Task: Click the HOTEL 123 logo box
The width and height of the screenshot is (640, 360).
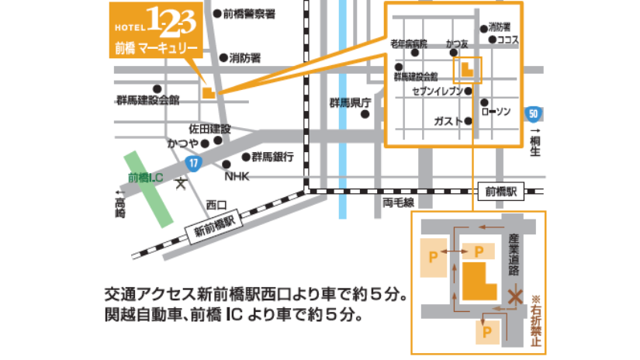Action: pyautogui.click(x=155, y=29)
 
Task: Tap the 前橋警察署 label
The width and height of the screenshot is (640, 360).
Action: pyautogui.click(x=248, y=14)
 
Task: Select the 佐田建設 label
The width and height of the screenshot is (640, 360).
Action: pyautogui.click(x=210, y=128)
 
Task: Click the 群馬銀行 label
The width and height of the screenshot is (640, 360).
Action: pyautogui.click(x=272, y=157)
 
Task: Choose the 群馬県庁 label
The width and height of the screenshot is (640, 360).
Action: pyautogui.click(x=351, y=102)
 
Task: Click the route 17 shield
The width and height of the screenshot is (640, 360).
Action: pyautogui.click(x=192, y=164)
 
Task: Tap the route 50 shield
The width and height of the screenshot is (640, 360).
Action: pyautogui.click(x=532, y=113)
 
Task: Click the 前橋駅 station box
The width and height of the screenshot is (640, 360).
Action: pyautogui.click(x=501, y=191)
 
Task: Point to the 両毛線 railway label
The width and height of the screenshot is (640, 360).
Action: pyautogui.click(x=398, y=202)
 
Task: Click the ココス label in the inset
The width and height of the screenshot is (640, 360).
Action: pyautogui.click(x=507, y=39)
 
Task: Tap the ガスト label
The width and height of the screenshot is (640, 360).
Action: pyautogui.click(x=448, y=122)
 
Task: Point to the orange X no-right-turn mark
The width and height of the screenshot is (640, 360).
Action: pyautogui.click(x=514, y=296)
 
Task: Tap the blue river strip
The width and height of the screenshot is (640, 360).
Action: pyautogui.click(x=343, y=109)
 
